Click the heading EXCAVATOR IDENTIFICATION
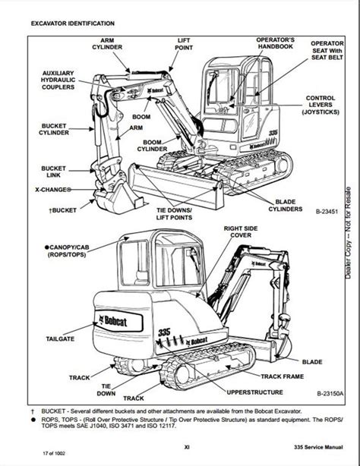[73, 24]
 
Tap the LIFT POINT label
[184, 43]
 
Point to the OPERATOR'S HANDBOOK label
[273, 42]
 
